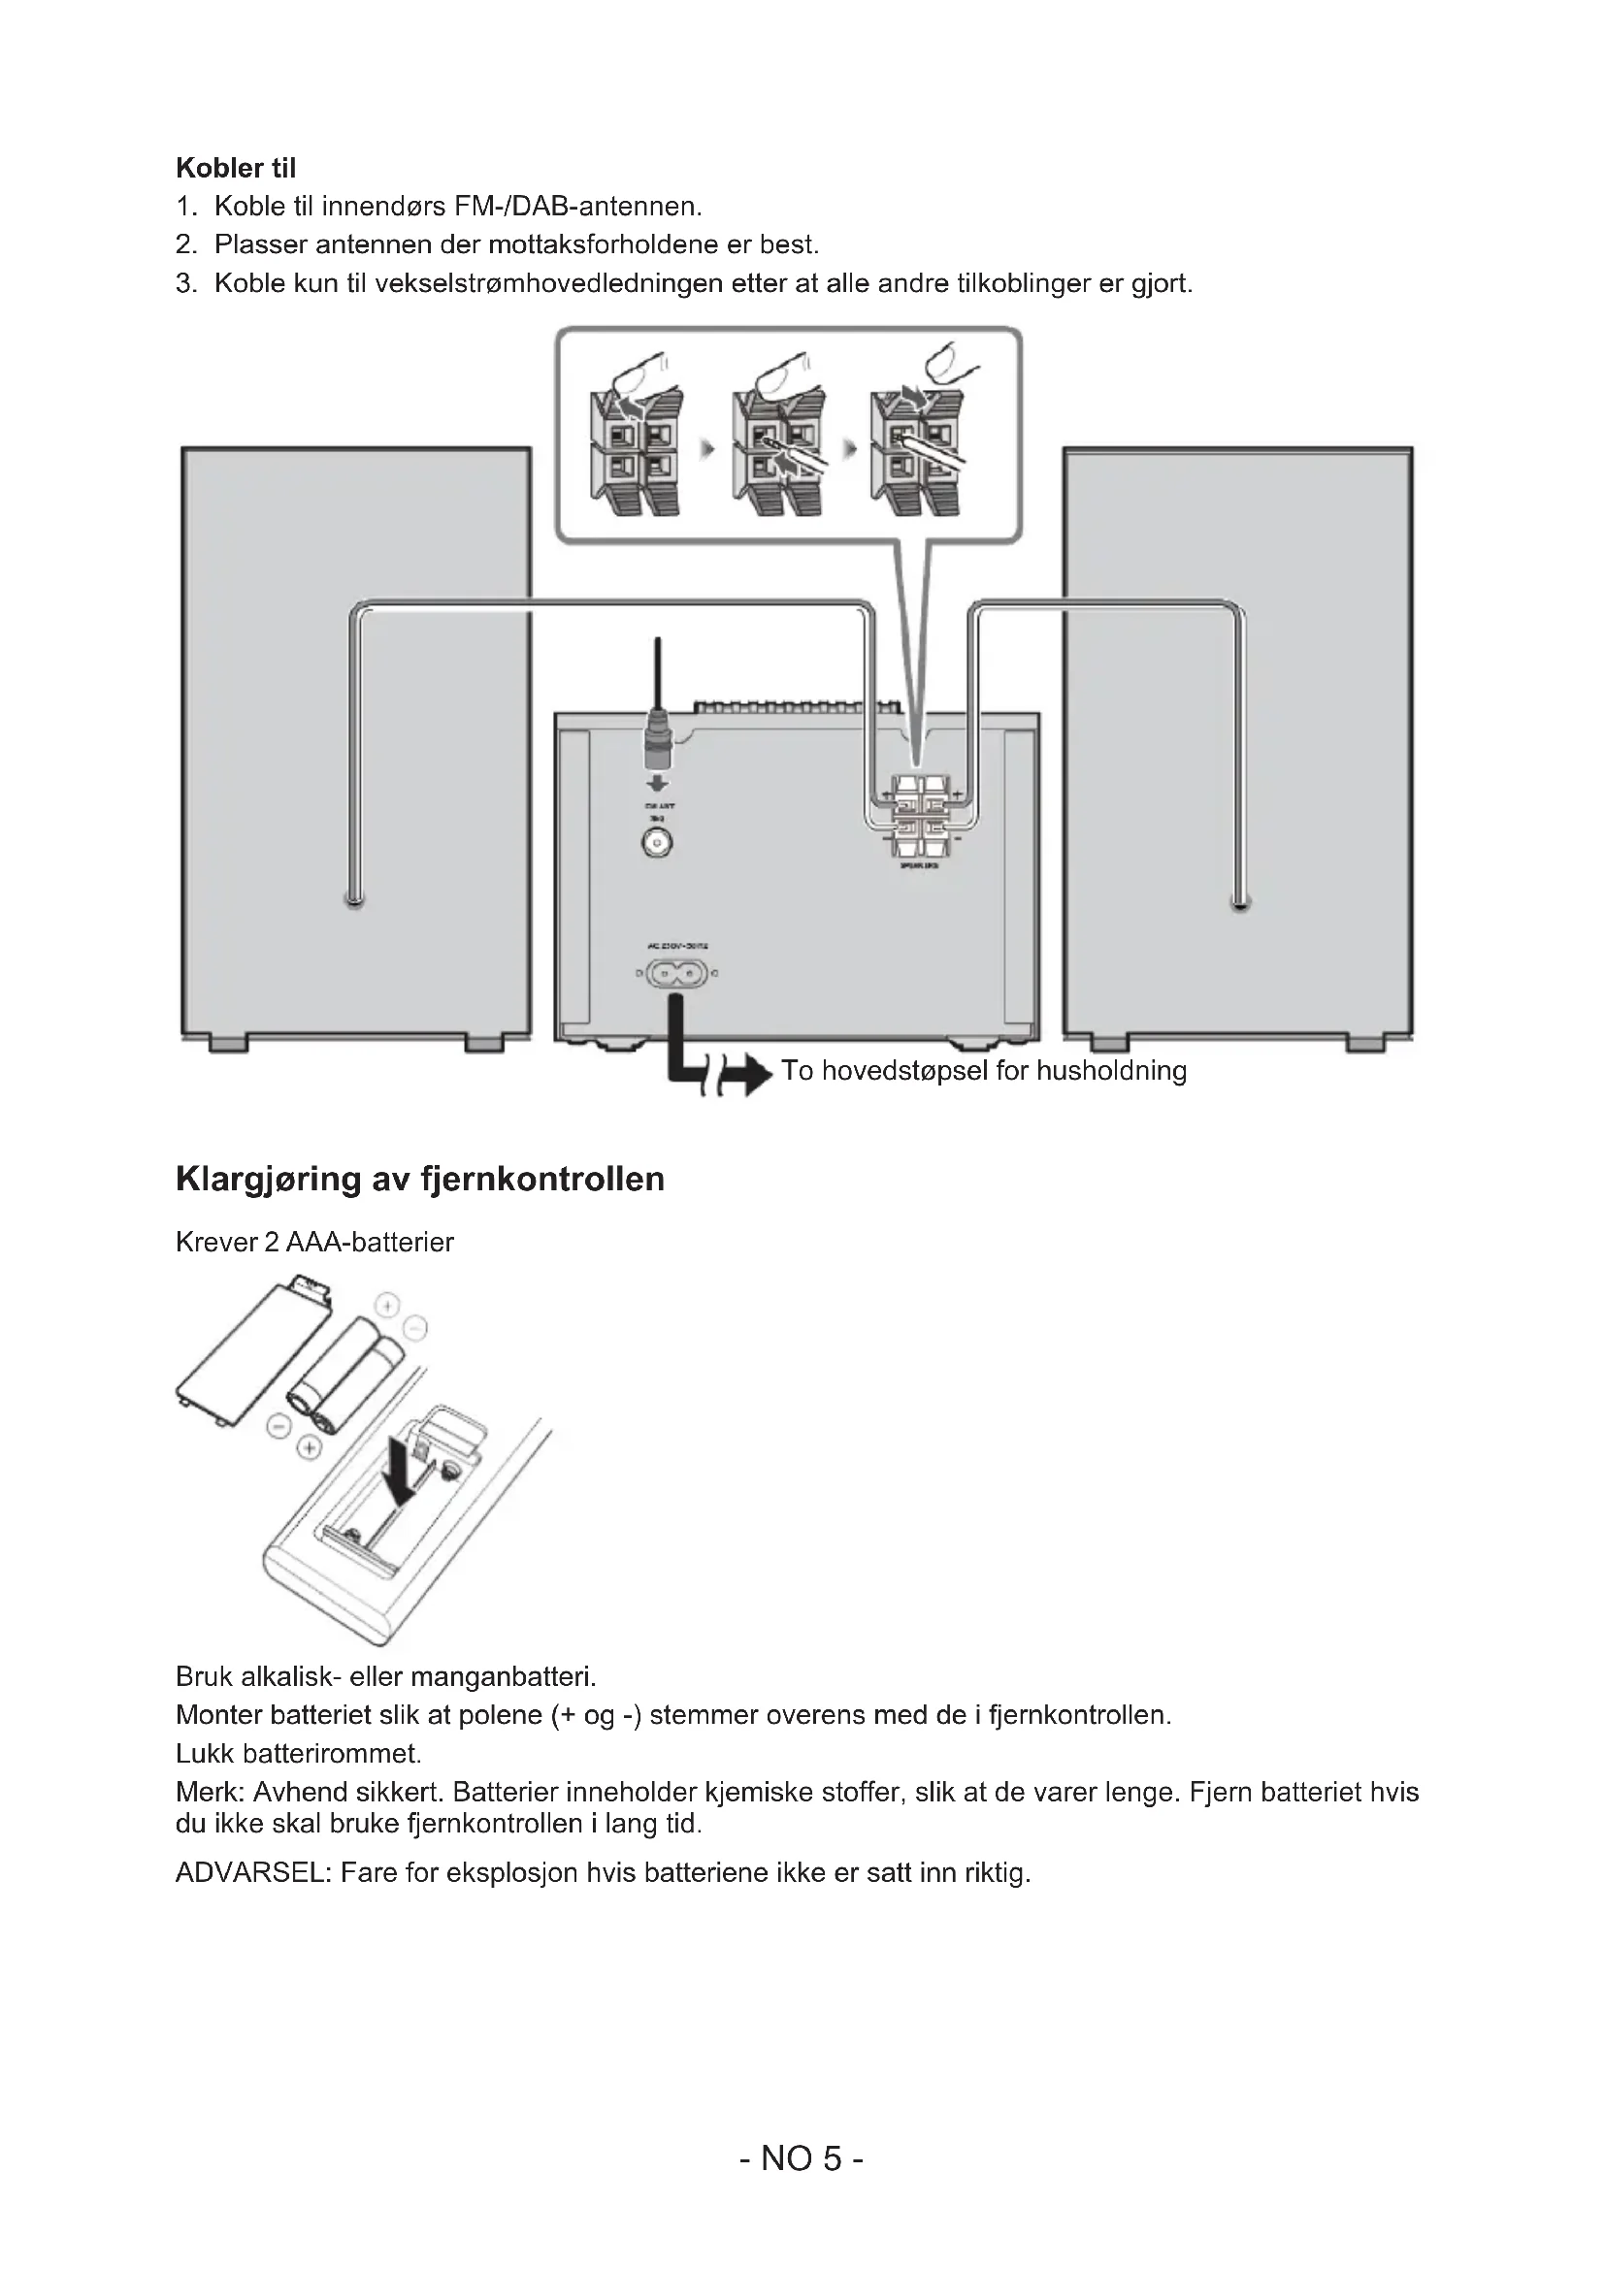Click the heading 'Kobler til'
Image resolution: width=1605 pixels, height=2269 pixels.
[235, 168]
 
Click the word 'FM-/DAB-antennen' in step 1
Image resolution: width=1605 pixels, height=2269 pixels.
[577, 207]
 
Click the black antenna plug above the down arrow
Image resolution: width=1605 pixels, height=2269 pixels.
[657, 740]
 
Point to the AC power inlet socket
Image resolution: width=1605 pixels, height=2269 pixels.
[677, 974]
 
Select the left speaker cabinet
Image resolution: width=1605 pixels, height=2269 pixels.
[356, 741]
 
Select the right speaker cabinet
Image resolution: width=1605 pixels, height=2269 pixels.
[1237, 741]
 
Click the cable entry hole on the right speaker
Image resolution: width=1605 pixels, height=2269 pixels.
[1239, 901]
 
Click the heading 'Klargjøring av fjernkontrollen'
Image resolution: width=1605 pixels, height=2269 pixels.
[420, 1179]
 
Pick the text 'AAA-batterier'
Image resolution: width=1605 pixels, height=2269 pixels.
[370, 1243]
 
